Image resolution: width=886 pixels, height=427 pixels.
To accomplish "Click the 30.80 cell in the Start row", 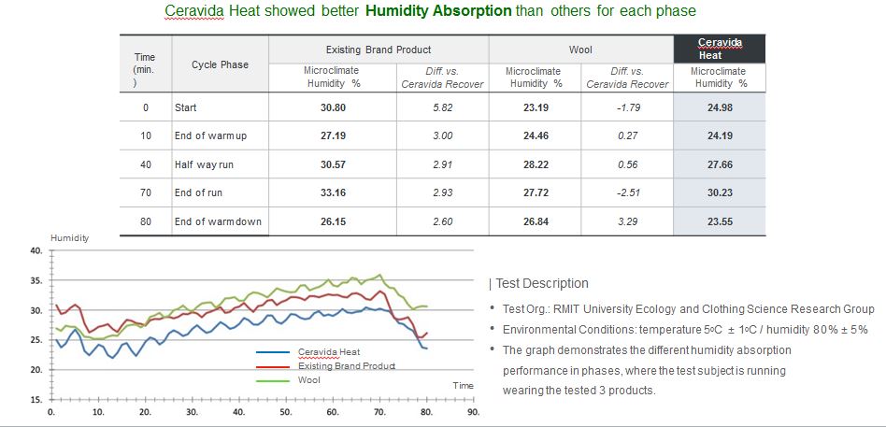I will (333, 107).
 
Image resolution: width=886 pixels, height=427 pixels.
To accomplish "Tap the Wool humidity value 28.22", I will (536, 164).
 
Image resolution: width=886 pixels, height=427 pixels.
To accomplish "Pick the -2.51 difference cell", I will (627, 193).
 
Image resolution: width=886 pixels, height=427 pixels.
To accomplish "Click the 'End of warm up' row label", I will (210, 136).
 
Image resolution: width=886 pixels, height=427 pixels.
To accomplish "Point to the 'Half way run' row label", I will (205, 164).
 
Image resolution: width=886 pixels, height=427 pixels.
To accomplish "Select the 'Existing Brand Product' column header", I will (378, 49).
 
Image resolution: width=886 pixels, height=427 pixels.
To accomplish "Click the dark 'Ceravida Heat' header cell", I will (719, 49).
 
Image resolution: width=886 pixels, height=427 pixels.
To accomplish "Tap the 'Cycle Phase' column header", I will (220, 64).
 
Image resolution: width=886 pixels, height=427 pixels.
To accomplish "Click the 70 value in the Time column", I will (146, 193).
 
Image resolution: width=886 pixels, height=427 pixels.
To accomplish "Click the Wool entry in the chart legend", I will (308, 380).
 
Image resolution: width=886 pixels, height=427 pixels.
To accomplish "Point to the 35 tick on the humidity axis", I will (36, 280).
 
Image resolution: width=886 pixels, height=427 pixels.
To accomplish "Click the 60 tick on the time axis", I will (333, 411).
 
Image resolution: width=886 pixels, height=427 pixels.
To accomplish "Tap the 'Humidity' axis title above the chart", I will (70, 238).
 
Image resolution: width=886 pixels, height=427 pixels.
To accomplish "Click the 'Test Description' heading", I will (541, 283).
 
